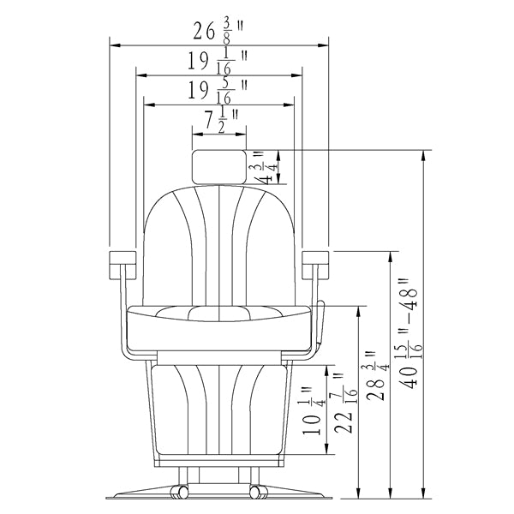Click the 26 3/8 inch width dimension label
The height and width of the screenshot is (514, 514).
coord(218,32)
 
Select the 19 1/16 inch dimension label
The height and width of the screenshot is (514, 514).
coord(218,62)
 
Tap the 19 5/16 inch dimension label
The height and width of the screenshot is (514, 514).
coord(218,91)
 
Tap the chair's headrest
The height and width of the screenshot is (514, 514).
coord(219,167)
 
